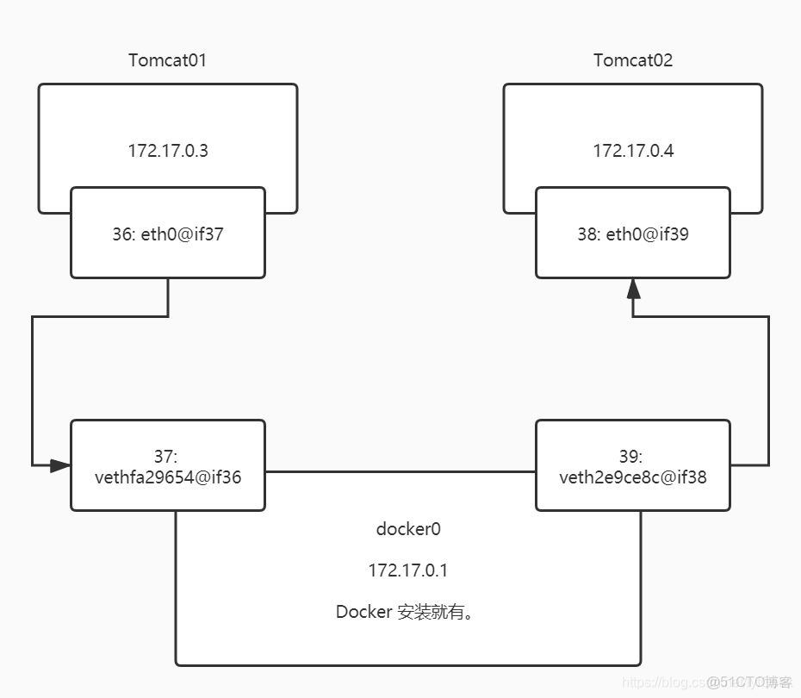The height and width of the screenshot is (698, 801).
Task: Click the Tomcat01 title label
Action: (168, 60)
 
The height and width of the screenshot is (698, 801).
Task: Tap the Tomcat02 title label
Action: (633, 60)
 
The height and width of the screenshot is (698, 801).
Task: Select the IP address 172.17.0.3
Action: (168, 151)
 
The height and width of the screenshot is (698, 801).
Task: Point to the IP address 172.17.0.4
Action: (633, 151)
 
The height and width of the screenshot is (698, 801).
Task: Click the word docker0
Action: (408, 529)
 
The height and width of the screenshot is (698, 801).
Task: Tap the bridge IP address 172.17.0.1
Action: (408, 570)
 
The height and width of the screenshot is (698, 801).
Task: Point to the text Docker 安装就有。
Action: (408, 612)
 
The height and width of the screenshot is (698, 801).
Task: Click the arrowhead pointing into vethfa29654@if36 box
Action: (60, 465)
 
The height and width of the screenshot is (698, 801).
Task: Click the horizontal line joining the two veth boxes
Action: (400, 471)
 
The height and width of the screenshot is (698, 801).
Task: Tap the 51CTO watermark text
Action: (748, 682)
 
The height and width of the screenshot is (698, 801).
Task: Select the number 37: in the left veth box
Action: (168, 456)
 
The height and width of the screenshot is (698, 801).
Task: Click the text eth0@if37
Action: (181, 234)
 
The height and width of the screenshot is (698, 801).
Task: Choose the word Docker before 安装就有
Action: (364, 612)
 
